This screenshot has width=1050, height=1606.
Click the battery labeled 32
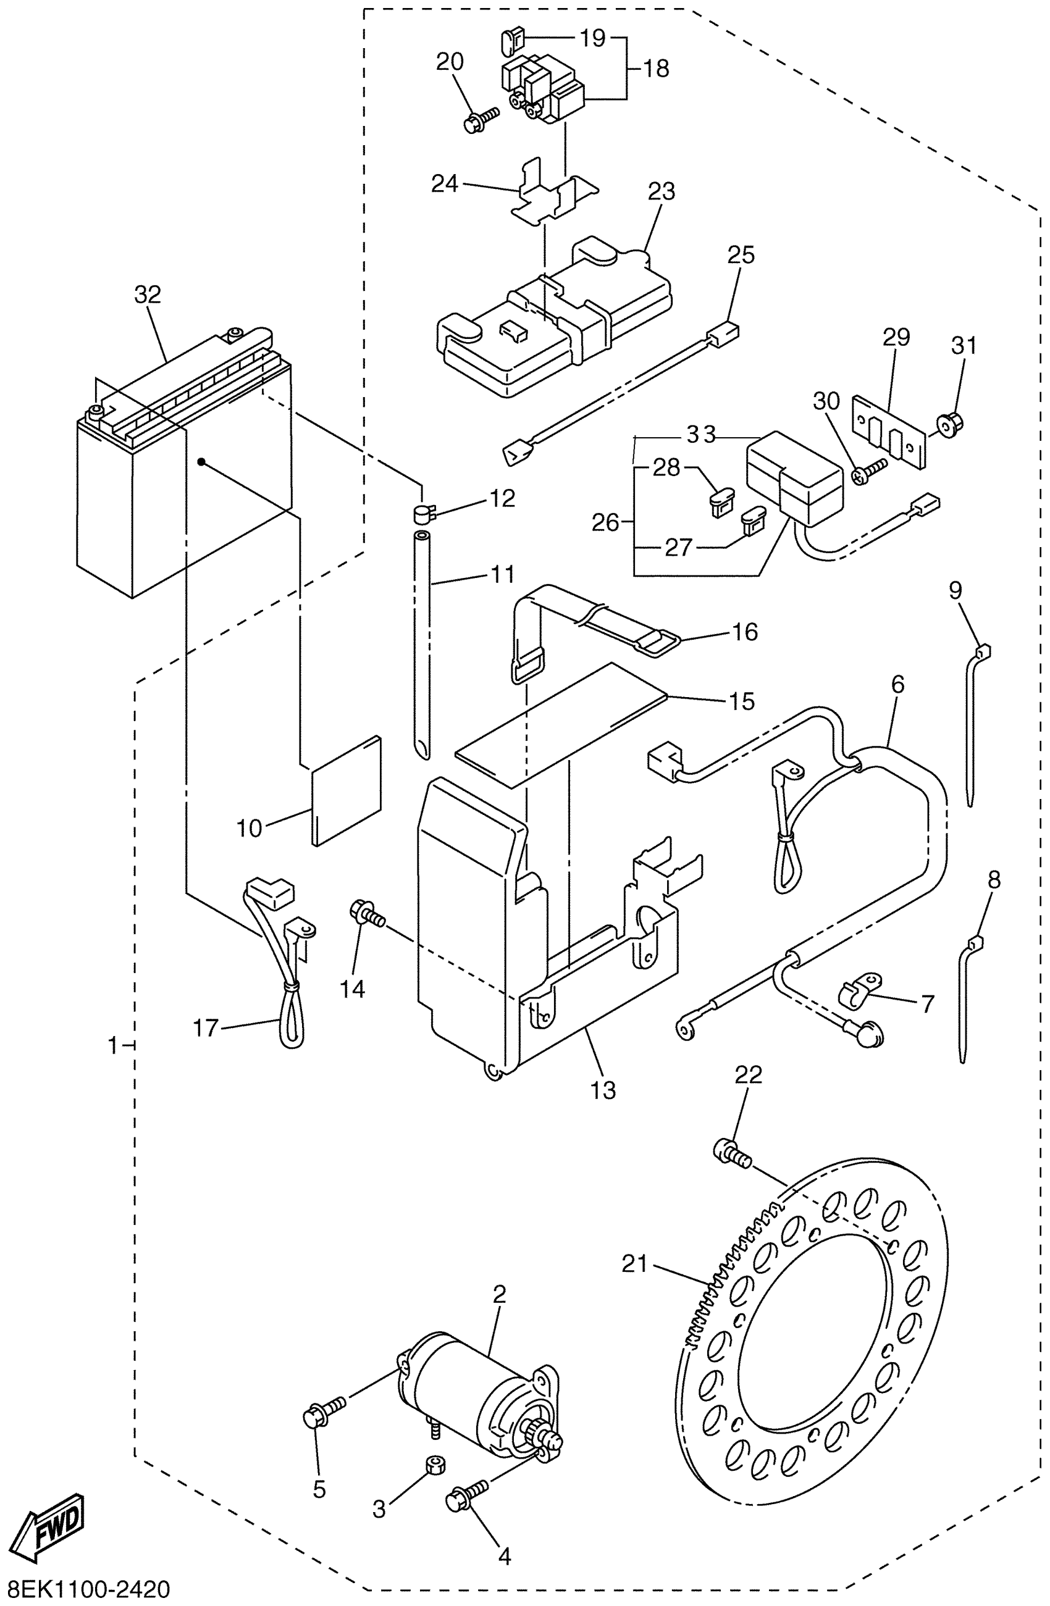183,466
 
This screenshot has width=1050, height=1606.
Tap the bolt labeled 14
366,915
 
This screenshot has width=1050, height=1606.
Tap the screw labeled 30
868,471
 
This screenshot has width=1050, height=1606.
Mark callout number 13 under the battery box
603,1089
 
